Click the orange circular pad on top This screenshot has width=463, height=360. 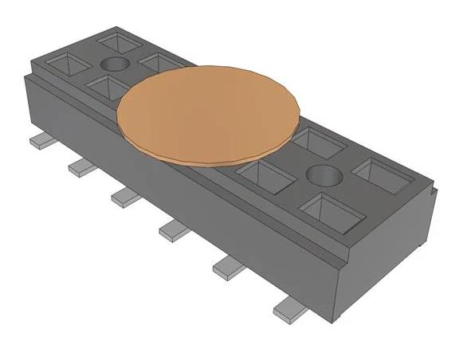209,115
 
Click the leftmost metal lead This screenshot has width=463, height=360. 40,141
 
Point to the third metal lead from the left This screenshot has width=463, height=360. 124,196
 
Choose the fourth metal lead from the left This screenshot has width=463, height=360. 173,231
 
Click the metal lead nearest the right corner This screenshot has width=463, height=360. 287,309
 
